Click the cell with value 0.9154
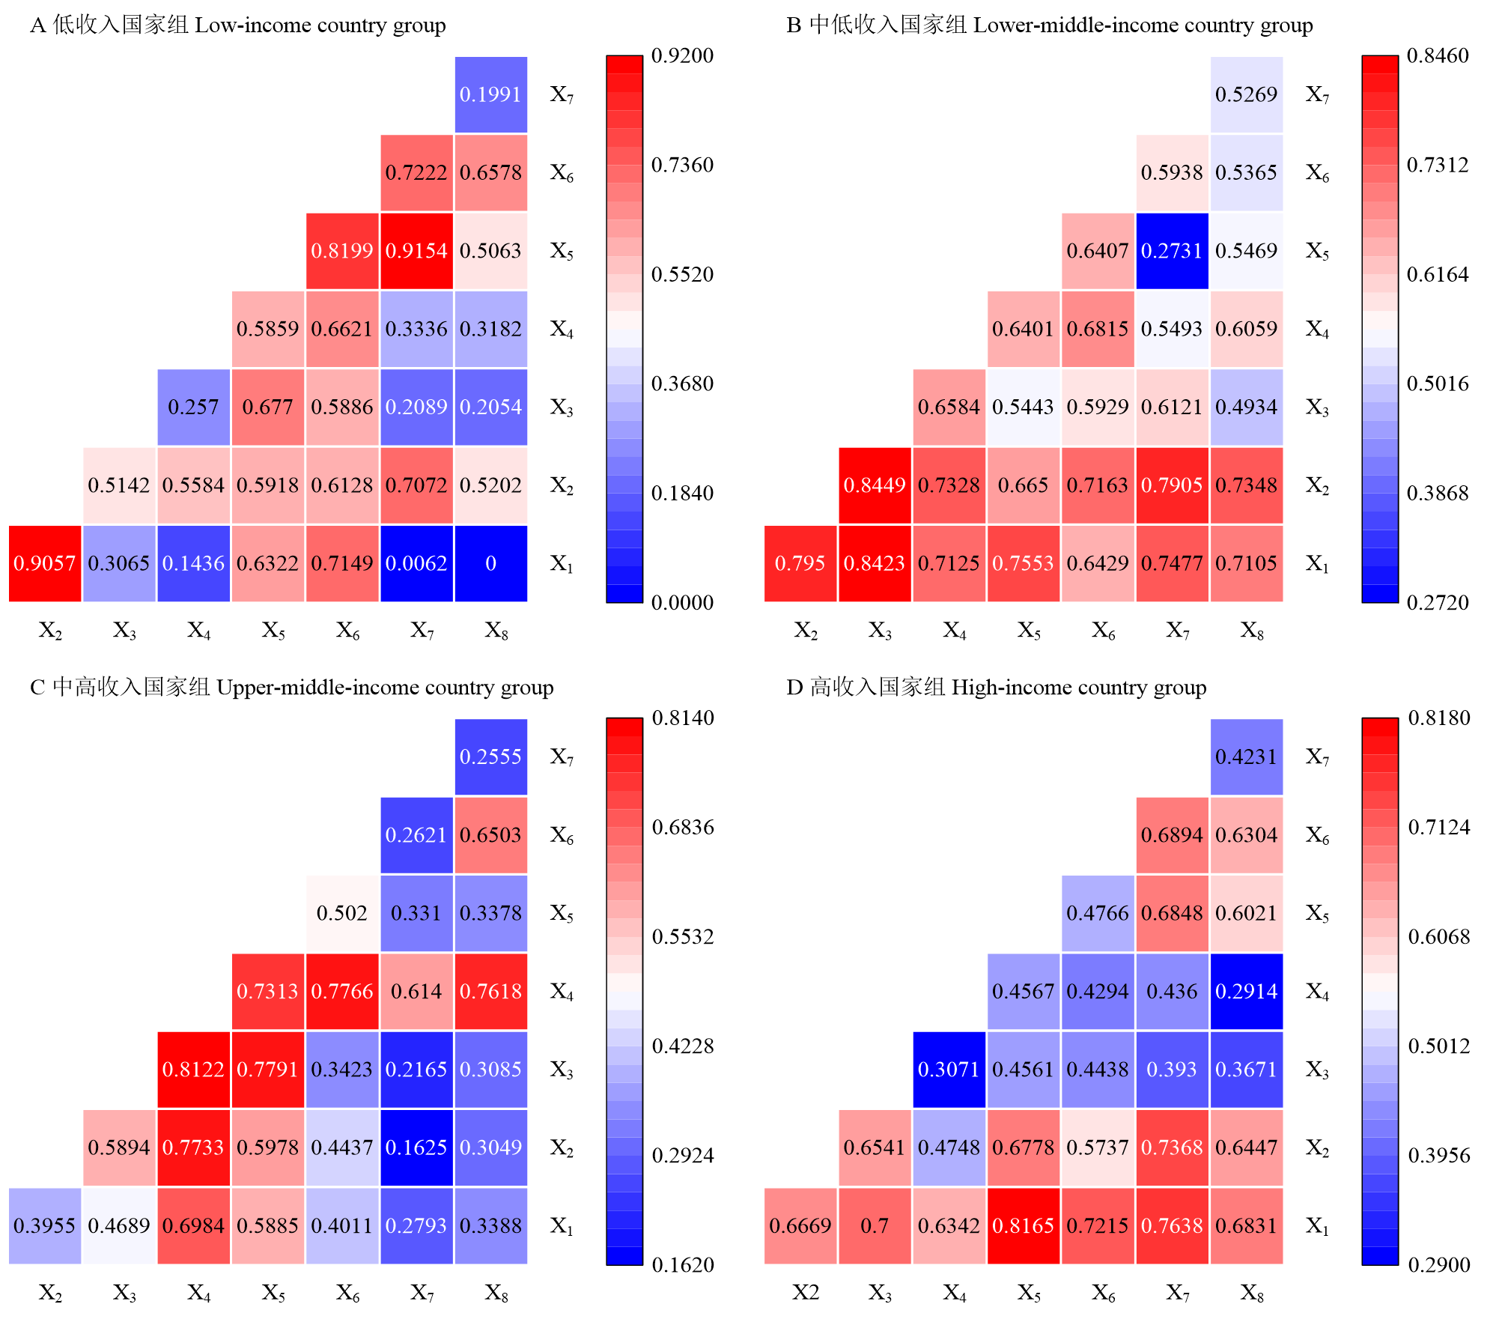tap(416, 251)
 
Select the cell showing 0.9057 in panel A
tap(45, 563)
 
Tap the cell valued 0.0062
tap(416, 563)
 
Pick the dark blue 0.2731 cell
tap(1172, 251)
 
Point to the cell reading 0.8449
tap(875, 485)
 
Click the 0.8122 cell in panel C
tap(193, 1070)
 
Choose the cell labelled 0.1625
tap(416, 1147)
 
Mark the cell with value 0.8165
tap(1023, 1225)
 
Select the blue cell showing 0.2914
tap(1247, 991)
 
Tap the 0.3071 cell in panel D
tap(949, 1070)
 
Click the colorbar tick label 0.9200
tap(682, 56)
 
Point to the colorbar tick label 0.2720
tap(1438, 603)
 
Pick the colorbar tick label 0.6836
tap(683, 828)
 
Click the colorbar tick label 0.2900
tap(1439, 1265)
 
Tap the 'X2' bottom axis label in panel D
tap(806, 1292)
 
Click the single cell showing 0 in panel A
tap(490, 563)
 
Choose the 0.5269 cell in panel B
tap(1247, 94)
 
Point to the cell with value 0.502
tap(342, 913)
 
